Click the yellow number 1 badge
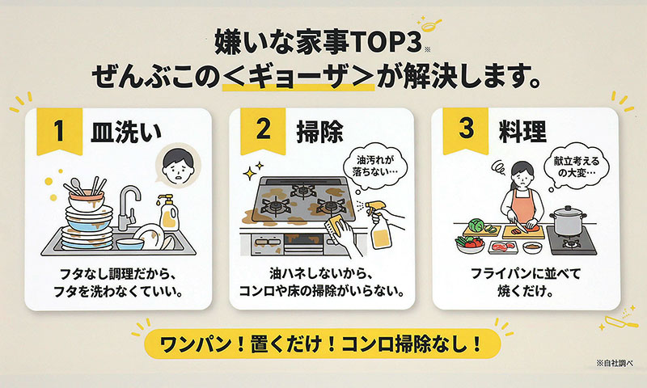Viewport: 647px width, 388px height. pos(59,131)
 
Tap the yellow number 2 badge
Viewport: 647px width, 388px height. pos(264,131)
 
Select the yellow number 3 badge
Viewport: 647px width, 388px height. pos(466,131)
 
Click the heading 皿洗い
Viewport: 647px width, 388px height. pos(126,132)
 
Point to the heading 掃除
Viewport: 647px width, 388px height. pos(319,132)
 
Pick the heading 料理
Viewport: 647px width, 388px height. pos(522,132)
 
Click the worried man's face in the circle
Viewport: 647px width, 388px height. pos(178,166)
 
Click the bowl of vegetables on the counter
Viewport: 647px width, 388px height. pos(471,244)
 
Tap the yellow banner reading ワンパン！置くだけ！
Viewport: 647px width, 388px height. pos(321,344)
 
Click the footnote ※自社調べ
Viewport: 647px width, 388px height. pos(615,363)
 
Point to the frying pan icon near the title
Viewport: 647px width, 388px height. pos(430,24)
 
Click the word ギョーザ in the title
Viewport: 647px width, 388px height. pos(298,75)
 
